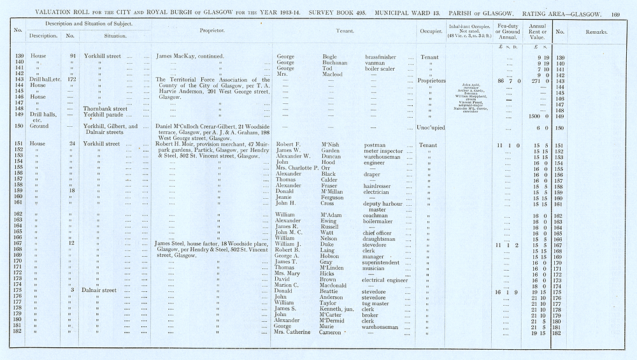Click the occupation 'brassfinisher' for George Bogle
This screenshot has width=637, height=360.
[x=383, y=57]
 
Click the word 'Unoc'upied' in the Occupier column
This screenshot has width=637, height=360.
[x=431, y=128]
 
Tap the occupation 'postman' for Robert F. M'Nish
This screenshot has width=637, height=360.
[x=376, y=145]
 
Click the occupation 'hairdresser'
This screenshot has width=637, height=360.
[x=381, y=186]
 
